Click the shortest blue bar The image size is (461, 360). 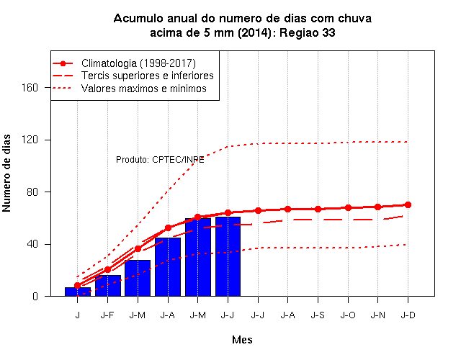click(x=78, y=292)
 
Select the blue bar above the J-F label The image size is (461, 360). click(x=108, y=286)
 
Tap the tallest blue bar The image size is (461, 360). click(x=228, y=256)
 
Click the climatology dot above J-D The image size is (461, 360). click(x=408, y=204)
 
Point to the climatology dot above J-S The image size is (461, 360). click(x=318, y=210)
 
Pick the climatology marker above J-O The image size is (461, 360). click(x=348, y=208)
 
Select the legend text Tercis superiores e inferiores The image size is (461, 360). click(x=147, y=76)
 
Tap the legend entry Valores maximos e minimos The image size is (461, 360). click(x=144, y=88)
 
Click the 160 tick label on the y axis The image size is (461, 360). click(x=30, y=88)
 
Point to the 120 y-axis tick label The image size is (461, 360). click(x=30, y=140)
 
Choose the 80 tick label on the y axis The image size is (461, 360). click(x=32, y=192)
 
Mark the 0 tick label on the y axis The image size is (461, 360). click(x=35, y=296)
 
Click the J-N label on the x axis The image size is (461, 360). click(x=377, y=315)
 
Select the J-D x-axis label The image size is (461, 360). click(x=408, y=315)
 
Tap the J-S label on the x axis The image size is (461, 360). click(x=318, y=315)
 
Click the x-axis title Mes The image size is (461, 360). click(x=242, y=340)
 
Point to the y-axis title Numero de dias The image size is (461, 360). click(x=6, y=173)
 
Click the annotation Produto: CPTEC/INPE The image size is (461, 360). click(x=160, y=160)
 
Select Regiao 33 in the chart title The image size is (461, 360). click(x=308, y=32)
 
